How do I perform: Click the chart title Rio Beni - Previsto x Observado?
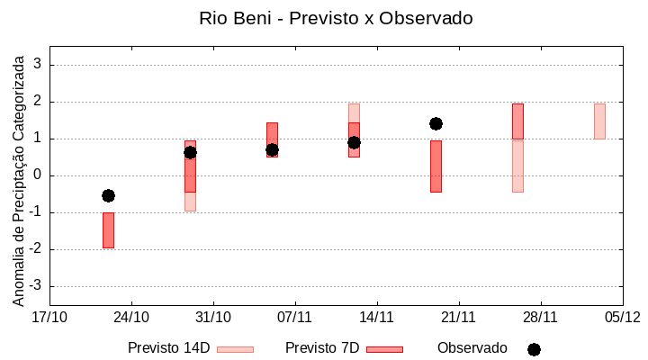[335, 18]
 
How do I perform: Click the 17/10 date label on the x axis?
[49, 317]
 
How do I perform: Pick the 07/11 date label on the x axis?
[294, 317]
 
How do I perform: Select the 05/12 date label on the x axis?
[621, 317]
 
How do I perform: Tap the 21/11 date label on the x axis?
[458, 317]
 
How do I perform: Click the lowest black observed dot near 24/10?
[108, 195]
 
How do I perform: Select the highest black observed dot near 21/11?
[436, 123]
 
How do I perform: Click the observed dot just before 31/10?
[190, 152]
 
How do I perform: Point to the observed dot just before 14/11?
[354, 142]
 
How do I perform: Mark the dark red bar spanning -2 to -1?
[108, 230]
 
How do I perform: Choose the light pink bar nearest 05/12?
[599, 121]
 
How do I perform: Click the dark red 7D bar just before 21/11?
[436, 166]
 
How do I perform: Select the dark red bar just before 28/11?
[517, 121]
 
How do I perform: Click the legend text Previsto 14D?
[168, 348]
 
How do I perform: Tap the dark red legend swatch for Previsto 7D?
[384, 349]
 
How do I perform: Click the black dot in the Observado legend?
[534, 349]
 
